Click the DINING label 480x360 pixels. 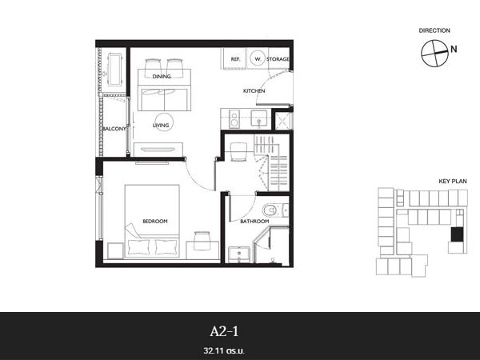click(162, 76)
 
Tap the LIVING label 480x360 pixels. click(161, 126)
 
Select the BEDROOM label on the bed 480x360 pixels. click(155, 221)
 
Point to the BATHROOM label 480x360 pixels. click(254, 221)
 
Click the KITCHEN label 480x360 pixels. click(254, 91)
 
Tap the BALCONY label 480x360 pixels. click(114, 129)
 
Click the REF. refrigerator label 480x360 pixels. click(235, 59)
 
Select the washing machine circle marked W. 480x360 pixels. click(258, 58)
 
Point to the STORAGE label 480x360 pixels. click(278, 59)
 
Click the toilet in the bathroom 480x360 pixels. click(270, 210)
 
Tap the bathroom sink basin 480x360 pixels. click(239, 254)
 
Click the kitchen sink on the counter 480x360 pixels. click(258, 118)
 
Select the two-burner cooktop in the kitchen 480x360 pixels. click(234, 119)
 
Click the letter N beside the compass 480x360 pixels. click(454, 49)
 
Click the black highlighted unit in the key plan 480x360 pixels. click(458, 234)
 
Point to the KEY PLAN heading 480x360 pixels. click(453, 182)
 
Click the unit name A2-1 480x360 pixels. click(224, 331)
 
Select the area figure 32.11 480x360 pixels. click(213, 350)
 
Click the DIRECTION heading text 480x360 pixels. click(434, 30)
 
